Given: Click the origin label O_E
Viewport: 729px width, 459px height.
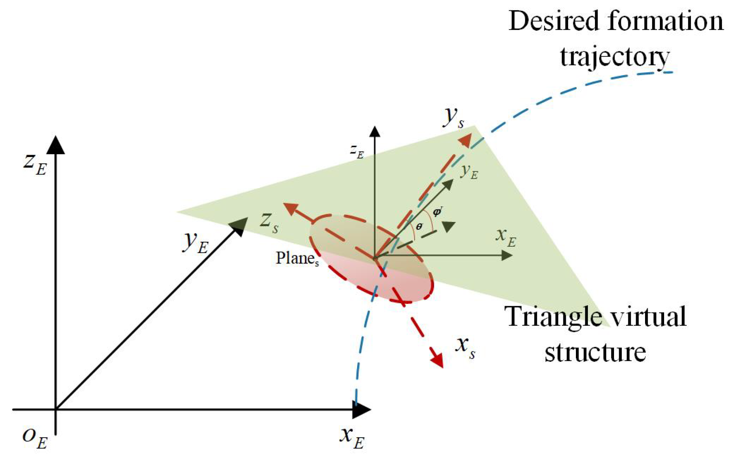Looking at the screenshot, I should [x=35, y=438].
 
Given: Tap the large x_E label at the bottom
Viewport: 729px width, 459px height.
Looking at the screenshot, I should [x=352, y=438].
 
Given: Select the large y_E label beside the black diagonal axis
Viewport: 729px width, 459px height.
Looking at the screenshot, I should [x=195, y=243].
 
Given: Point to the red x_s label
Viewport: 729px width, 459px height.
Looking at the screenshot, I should [x=465, y=347].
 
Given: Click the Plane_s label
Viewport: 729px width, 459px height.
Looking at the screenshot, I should [x=297, y=258].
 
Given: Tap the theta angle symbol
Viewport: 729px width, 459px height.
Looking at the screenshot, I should [x=419, y=227].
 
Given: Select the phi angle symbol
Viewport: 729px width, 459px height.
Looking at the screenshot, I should [x=437, y=212].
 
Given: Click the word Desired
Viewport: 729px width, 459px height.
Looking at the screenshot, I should [x=554, y=21].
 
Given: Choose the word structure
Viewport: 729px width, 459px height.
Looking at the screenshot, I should [x=595, y=352].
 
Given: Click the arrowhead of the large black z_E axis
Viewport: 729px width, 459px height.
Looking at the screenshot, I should [x=57, y=145].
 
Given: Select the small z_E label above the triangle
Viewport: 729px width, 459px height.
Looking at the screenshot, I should [x=357, y=151].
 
